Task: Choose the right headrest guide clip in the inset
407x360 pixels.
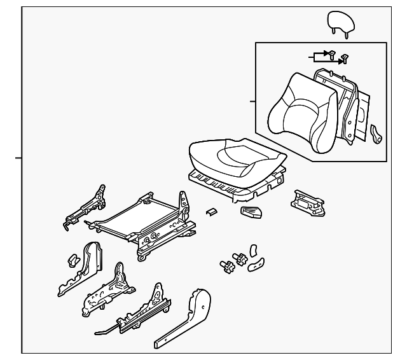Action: tap(344, 58)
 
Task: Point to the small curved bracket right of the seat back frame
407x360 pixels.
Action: tap(376, 133)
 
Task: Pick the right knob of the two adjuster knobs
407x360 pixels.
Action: tap(241, 259)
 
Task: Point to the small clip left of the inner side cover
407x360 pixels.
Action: tap(72, 260)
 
